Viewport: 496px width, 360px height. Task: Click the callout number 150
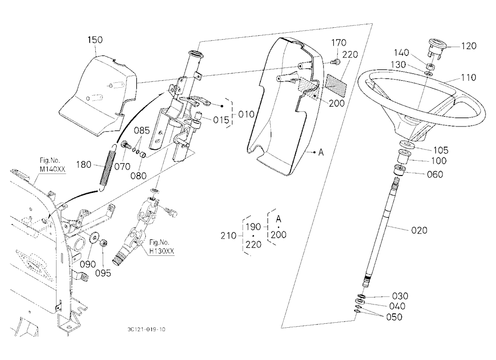click(x=95, y=40)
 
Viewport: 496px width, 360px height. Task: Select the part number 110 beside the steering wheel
click(x=469, y=77)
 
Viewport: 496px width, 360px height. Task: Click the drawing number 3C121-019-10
click(x=146, y=329)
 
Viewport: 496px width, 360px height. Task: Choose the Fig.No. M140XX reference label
click(x=52, y=165)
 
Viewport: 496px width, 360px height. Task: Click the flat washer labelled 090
click(x=94, y=238)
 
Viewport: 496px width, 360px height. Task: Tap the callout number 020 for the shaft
click(x=419, y=230)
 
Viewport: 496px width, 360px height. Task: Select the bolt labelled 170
click(x=337, y=62)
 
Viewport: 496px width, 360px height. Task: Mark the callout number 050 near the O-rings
click(x=394, y=317)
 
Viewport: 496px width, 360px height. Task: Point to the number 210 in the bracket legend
click(x=228, y=236)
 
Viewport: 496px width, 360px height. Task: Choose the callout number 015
click(x=221, y=120)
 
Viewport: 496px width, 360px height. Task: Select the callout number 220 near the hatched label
click(x=350, y=55)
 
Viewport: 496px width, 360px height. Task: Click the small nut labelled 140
click(x=430, y=67)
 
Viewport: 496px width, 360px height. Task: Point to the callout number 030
click(x=400, y=296)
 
